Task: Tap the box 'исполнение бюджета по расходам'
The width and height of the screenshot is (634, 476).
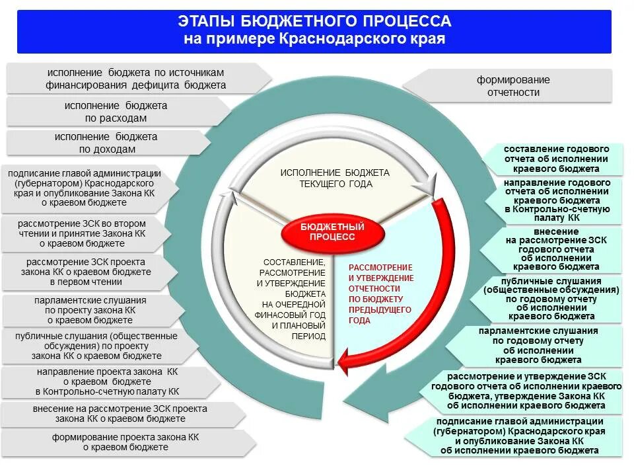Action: click(x=116, y=112)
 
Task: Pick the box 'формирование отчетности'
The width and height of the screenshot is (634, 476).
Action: click(x=514, y=86)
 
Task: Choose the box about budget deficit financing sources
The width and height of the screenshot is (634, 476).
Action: click(x=136, y=79)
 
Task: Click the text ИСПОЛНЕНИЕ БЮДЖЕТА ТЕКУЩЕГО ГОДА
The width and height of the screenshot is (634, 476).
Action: click(x=335, y=178)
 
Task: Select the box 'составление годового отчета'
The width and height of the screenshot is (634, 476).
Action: click(x=555, y=159)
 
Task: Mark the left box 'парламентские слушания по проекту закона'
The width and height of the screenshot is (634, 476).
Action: click(x=90, y=310)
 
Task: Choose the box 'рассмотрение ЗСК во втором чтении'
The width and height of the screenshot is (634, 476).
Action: click(x=82, y=233)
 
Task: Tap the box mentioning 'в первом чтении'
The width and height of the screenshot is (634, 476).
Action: click(x=84, y=272)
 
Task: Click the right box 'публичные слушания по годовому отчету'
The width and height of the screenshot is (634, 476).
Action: click(x=551, y=299)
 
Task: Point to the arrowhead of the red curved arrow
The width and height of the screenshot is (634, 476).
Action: click(x=341, y=361)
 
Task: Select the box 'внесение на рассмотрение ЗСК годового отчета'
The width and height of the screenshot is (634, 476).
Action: click(x=555, y=249)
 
